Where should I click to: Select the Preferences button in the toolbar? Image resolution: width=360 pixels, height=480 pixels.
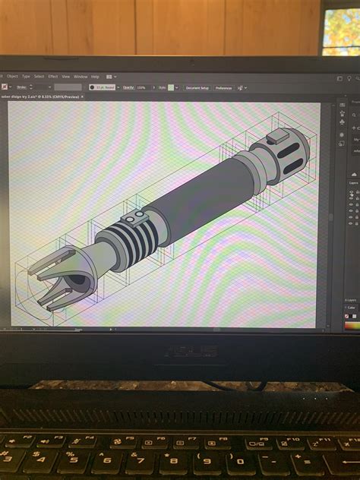(223, 87)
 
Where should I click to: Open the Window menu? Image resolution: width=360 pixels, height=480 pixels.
(81, 77)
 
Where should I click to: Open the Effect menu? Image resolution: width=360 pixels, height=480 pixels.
(53, 77)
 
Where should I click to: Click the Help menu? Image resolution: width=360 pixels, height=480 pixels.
(95, 77)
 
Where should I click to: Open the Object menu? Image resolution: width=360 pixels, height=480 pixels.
(12, 77)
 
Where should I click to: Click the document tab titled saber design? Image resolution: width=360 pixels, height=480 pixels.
(46, 97)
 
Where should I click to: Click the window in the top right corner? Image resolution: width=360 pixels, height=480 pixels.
(341, 30)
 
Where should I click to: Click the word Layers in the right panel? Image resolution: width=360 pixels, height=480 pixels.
(353, 183)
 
